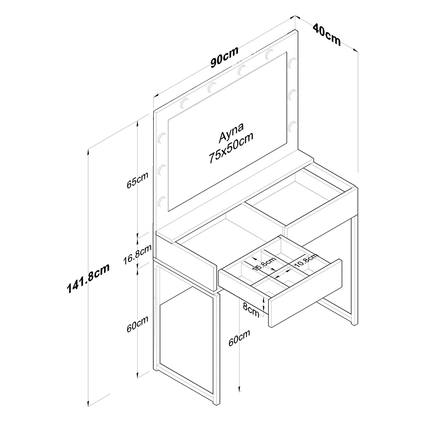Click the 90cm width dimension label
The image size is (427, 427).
tap(225, 57)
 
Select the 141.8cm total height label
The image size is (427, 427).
tap(88, 278)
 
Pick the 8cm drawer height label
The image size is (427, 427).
tap(251, 310)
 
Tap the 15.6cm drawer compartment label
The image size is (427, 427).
tap(265, 264)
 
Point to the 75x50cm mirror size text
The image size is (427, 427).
tap(231, 148)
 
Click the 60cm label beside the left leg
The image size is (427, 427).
tap(137, 324)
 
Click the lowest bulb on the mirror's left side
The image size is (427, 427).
tap(162, 201)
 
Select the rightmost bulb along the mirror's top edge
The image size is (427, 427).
tap(270, 54)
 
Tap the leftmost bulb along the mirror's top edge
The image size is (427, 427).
tap(185, 103)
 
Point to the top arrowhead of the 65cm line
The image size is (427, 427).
tap(138, 123)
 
